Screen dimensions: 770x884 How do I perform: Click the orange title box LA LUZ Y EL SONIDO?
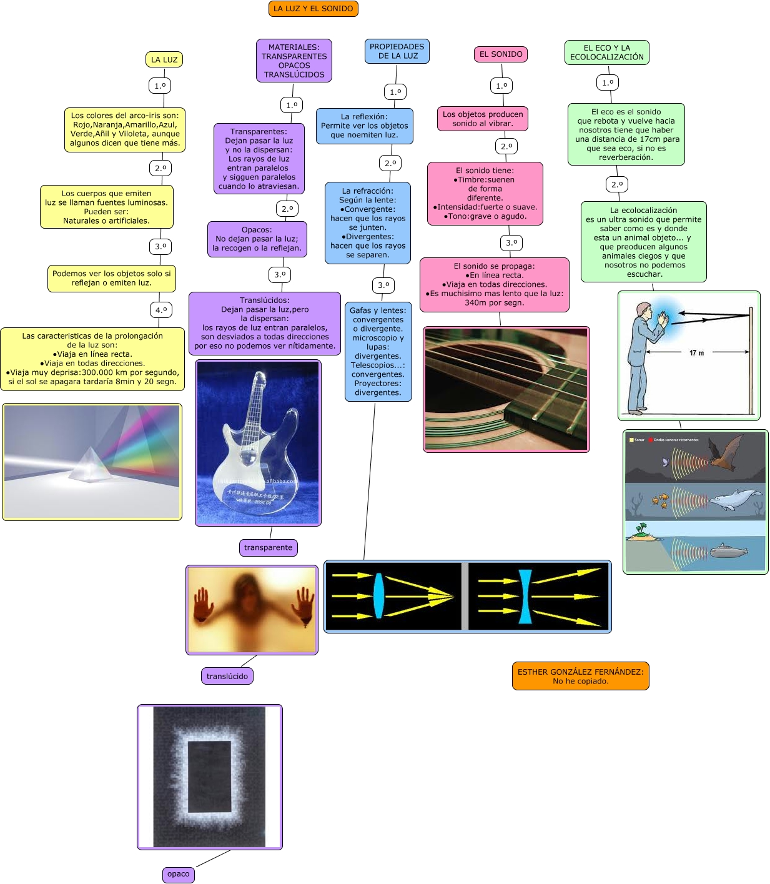pyautogui.click(x=313, y=9)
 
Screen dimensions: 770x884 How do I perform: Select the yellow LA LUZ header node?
pyautogui.click(x=164, y=60)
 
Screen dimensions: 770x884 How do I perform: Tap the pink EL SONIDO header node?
pyautogui.click(x=501, y=54)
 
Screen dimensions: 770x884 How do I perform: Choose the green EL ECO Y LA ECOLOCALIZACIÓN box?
pyautogui.click(x=606, y=52)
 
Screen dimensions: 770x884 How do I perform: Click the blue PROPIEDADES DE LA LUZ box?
pyautogui.click(x=397, y=51)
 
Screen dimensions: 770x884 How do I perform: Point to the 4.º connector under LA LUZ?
pyautogui.click(x=161, y=310)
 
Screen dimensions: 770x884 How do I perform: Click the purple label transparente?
pyautogui.click(x=268, y=548)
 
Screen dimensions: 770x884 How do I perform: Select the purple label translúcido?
pyautogui.click(x=227, y=676)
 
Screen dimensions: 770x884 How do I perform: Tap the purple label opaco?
pyautogui.click(x=178, y=874)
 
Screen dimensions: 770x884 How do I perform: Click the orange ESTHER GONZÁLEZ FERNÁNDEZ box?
pyautogui.click(x=580, y=676)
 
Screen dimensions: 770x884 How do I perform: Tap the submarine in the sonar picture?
pyautogui.click(x=729, y=550)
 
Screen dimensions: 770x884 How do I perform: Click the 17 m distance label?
pyautogui.click(x=696, y=353)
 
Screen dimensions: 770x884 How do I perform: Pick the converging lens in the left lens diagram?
pyautogui.click(x=378, y=595)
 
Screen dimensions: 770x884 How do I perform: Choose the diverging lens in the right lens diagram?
pyautogui.click(x=525, y=597)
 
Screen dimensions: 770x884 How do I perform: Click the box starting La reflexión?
pyautogui.click(x=364, y=126)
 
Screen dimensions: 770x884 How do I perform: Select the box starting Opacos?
pyautogui.click(x=257, y=239)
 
